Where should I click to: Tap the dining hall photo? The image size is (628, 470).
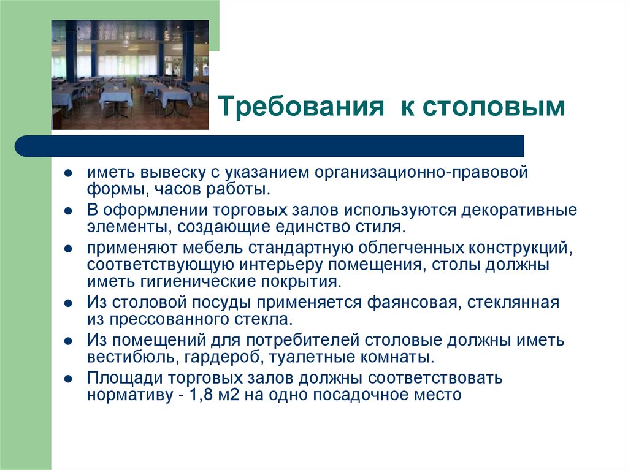click(x=130, y=74)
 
